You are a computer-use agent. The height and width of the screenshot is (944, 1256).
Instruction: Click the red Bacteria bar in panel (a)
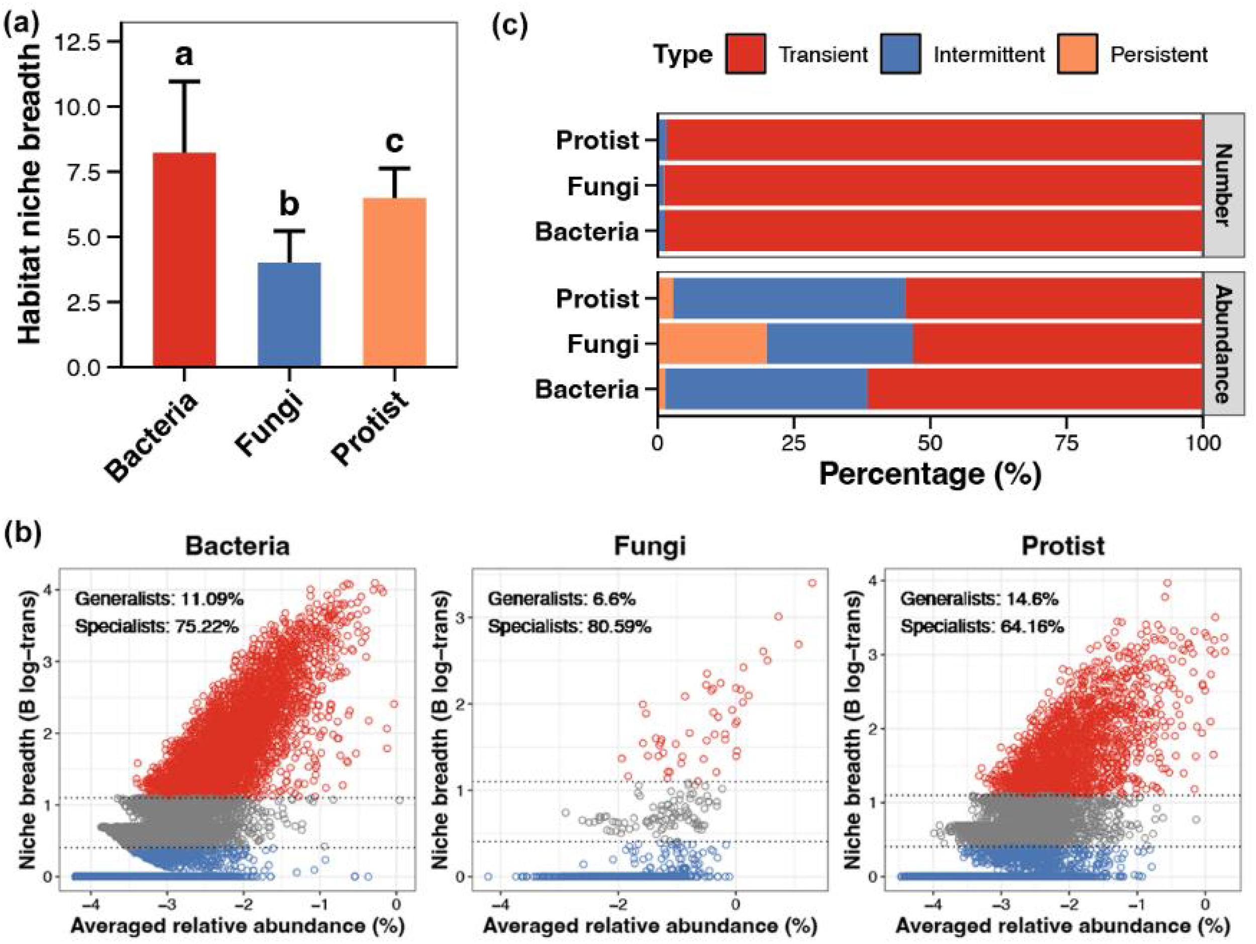click(184, 260)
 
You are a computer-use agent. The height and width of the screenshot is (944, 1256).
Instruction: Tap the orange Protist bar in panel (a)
click(394, 282)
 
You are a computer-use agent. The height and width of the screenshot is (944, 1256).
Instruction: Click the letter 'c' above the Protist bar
click(394, 141)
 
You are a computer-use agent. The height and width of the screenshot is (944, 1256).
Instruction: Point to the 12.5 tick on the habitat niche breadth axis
click(83, 42)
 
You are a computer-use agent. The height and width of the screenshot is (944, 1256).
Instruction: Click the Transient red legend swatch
click(745, 54)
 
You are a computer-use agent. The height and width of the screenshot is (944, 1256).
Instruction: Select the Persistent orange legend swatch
click(1077, 54)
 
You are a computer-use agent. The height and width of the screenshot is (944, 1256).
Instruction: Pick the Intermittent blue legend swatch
click(900, 54)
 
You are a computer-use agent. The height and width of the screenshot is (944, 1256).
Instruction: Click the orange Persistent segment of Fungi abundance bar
click(712, 344)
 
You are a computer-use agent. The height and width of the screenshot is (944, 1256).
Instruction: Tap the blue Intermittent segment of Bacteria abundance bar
click(766, 390)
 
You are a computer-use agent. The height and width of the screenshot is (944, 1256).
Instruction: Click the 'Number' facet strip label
click(1224, 185)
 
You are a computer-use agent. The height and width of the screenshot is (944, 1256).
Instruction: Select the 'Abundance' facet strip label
click(1224, 344)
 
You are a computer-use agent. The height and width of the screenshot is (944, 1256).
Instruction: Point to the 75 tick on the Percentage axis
click(1067, 443)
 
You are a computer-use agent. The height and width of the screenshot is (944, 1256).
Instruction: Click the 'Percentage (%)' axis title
click(930, 474)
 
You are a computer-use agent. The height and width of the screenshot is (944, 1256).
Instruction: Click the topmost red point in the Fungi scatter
click(812, 583)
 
